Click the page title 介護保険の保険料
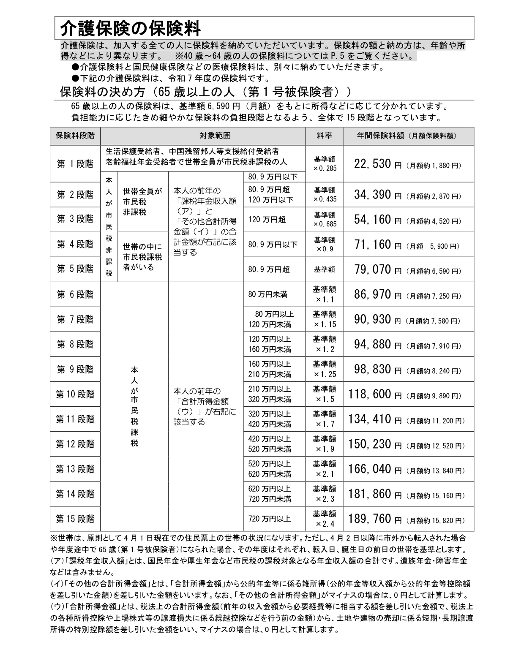(130, 28)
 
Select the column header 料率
(324, 136)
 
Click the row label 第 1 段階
(75, 164)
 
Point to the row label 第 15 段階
(75, 519)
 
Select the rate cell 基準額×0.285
(324, 164)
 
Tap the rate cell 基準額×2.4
(324, 519)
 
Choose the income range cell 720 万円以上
(269, 519)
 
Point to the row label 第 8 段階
(75, 344)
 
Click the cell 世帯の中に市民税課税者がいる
(142, 257)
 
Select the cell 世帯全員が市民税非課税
(142, 202)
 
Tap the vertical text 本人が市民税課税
(134, 406)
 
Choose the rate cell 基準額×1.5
(324, 394)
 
